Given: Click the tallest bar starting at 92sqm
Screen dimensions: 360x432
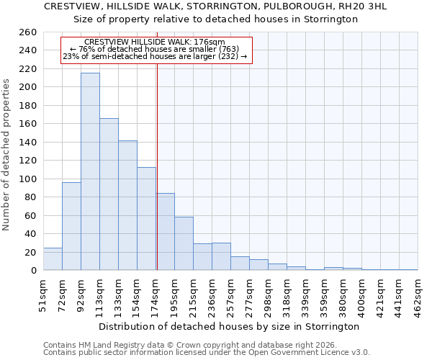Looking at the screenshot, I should pos(90,171).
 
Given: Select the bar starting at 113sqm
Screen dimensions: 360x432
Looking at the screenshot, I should pos(109,194).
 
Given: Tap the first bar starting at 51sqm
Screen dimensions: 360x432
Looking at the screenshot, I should pos(53,259).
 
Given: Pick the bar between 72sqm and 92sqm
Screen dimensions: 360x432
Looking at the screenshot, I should pos(71,226).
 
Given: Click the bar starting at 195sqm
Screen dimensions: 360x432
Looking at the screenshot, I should pos(184,243).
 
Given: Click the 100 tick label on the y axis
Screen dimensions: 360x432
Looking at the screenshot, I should pos(28,179).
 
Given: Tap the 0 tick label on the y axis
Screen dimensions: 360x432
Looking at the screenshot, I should pos(33,271).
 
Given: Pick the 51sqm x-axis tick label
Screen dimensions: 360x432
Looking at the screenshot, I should pos(44,294).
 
